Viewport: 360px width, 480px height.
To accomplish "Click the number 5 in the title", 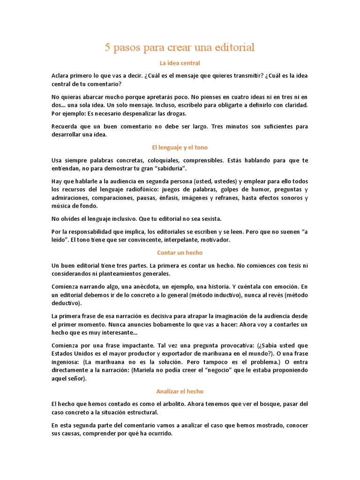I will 107,47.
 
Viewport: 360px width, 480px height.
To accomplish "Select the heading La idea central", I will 180,63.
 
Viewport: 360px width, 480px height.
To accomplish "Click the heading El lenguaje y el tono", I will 180,147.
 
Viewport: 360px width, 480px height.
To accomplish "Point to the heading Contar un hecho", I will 180,253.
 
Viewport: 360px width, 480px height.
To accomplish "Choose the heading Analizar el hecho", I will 180,391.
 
